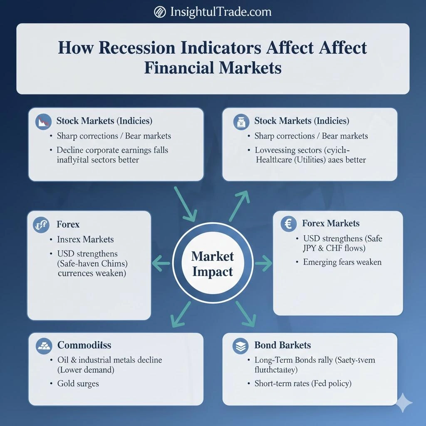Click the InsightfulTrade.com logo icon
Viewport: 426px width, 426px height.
point(160,12)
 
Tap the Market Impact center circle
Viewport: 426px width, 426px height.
point(213,264)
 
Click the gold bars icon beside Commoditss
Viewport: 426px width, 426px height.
point(44,345)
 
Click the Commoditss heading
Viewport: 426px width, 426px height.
point(84,345)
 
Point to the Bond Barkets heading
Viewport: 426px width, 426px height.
point(282,345)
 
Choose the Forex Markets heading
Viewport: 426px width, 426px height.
point(331,223)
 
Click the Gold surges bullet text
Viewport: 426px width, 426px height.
point(78,384)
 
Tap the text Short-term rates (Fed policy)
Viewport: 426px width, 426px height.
point(303,384)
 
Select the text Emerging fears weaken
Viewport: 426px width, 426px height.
point(342,262)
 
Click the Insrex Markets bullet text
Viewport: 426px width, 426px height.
point(86,240)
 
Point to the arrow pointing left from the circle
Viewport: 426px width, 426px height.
point(161,263)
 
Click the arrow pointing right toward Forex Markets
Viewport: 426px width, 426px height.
point(263,263)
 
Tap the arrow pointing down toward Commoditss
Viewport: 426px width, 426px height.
point(179,315)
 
